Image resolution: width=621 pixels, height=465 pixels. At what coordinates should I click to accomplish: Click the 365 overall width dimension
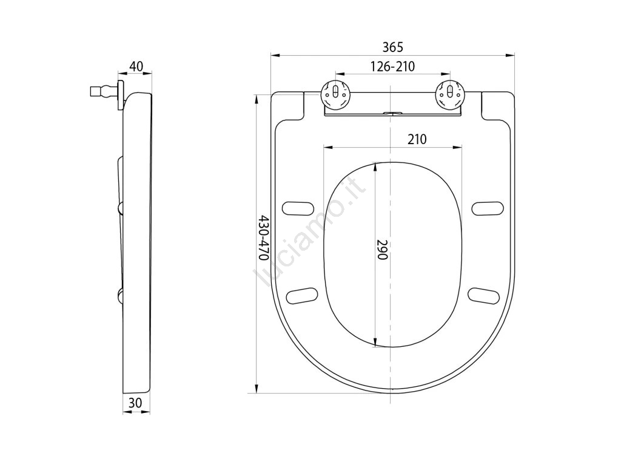tap(392, 47)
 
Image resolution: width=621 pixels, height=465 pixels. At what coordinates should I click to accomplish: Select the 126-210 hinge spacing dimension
tap(392, 67)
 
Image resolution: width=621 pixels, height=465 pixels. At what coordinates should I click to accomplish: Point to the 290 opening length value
tap(382, 249)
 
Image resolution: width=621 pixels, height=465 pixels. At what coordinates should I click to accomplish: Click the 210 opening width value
tap(417, 139)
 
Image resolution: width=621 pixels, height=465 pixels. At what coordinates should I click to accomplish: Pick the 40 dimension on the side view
tap(136, 66)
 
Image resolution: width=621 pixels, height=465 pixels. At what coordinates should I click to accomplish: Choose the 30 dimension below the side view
tap(135, 403)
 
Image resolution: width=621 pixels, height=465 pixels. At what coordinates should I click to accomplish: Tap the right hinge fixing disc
tap(449, 94)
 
